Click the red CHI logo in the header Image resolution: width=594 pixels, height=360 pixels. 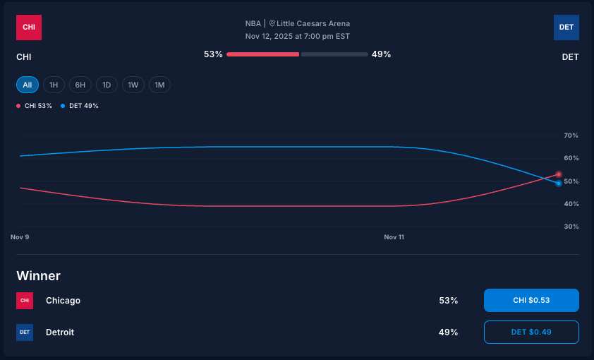tap(29, 28)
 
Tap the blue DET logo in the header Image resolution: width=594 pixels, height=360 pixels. tap(566, 28)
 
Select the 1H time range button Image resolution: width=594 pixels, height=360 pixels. tap(54, 85)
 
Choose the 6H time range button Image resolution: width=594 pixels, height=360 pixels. tap(80, 85)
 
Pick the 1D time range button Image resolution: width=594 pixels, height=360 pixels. tap(107, 85)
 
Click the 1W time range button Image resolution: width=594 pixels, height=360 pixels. tap(133, 85)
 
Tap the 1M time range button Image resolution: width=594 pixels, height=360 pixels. tap(159, 85)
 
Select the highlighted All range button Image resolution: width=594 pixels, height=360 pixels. tap(28, 85)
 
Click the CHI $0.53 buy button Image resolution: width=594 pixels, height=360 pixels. tap(531, 300)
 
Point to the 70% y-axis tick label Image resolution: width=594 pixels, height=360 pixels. tap(571, 136)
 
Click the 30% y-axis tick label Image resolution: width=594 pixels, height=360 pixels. tap(571, 227)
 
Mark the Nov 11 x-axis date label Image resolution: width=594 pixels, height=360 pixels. tap(394, 237)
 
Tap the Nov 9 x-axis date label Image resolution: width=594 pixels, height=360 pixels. tap(20, 237)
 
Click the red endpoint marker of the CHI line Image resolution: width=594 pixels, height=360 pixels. tap(558, 174)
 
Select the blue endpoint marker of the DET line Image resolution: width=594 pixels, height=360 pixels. tap(558, 184)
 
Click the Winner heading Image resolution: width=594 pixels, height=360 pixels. tap(39, 276)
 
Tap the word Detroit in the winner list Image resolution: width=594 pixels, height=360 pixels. tap(60, 332)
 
